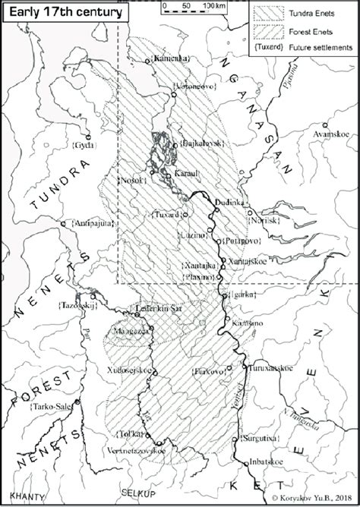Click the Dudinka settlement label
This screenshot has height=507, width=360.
pos(231,203)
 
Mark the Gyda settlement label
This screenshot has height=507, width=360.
pos(81,143)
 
